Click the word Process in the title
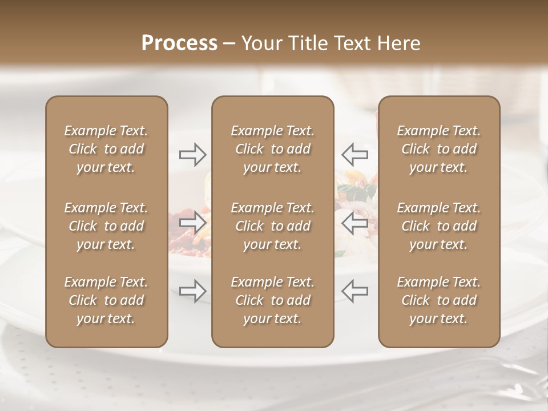179,43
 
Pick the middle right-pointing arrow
193,222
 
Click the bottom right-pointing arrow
193,291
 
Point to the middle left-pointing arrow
355,222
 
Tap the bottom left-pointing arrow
355,291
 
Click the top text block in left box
106,149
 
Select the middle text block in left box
106,226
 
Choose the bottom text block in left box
106,300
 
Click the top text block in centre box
273,149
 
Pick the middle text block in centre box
273,226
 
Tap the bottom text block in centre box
273,300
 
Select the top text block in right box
439,149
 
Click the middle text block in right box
439,226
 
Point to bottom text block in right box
439,300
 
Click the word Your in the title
260,43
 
